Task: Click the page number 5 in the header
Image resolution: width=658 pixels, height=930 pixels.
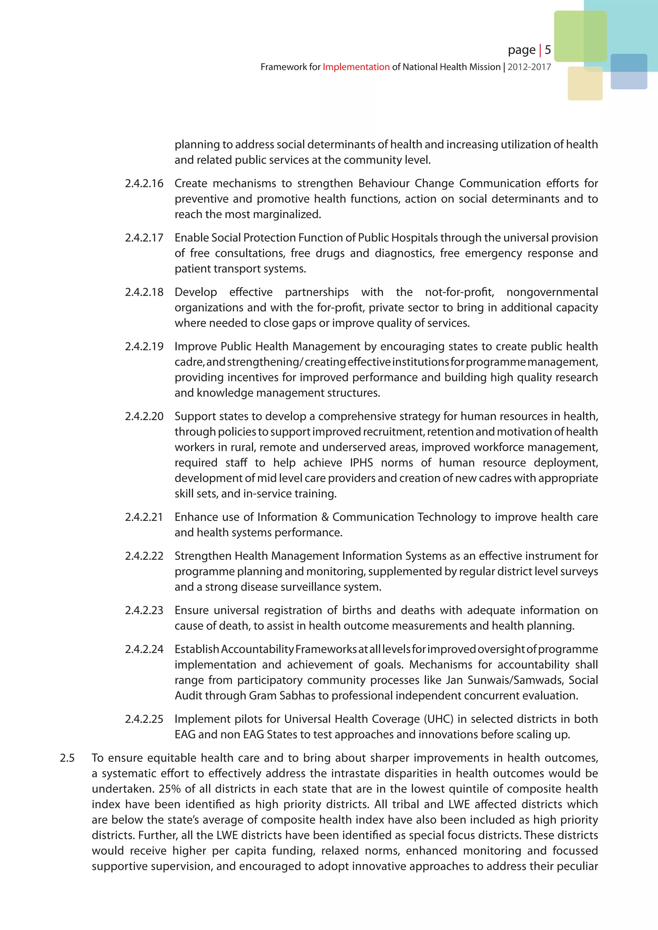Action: (x=547, y=50)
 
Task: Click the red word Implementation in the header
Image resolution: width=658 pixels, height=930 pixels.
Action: (x=356, y=67)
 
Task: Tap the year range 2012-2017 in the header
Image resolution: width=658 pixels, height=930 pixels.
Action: (x=529, y=67)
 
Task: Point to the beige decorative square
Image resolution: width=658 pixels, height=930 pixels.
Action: (x=585, y=84)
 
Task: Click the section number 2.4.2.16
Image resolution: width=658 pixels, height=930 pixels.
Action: (x=144, y=183)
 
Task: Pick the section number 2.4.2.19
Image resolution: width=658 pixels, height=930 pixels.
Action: (x=144, y=346)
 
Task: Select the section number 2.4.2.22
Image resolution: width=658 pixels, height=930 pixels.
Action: (x=144, y=556)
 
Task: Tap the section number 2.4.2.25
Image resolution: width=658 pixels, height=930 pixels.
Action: (x=144, y=719)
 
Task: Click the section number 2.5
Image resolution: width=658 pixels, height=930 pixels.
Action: (x=67, y=758)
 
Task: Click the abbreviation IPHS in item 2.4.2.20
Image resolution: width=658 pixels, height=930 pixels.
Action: (x=361, y=462)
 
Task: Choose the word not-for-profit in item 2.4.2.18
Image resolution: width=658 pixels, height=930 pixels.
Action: (x=459, y=292)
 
